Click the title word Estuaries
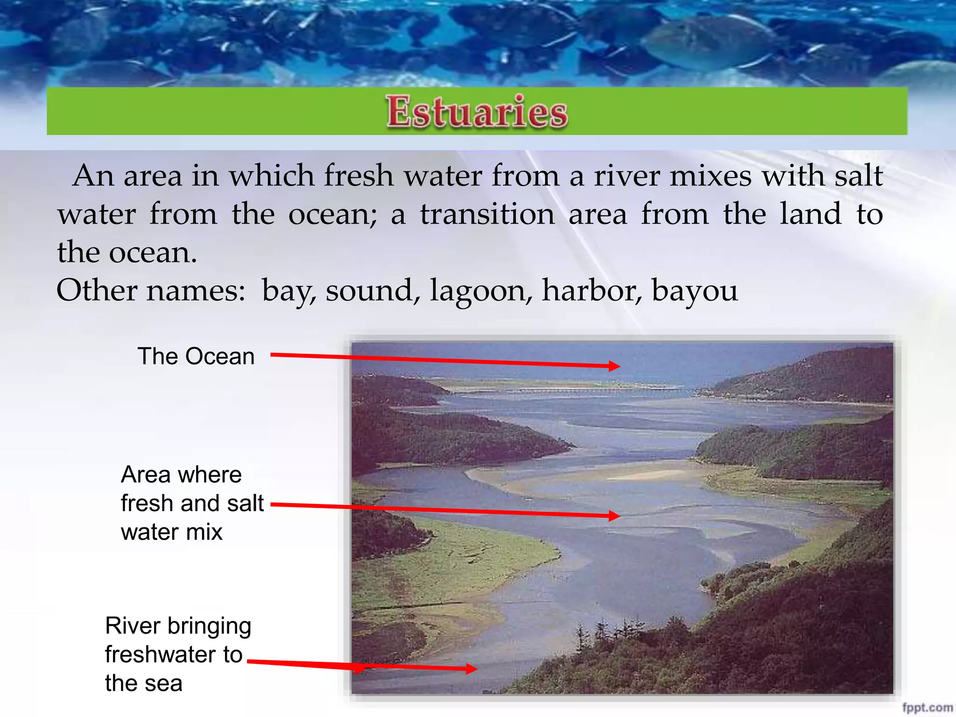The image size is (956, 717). coord(477,112)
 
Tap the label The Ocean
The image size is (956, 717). coord(196,357)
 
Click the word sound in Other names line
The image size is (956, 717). coord(369,290)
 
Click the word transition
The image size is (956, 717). coord(487,214)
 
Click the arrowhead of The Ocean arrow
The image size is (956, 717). coord(615,366)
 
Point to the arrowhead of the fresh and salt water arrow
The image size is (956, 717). coord(615,516)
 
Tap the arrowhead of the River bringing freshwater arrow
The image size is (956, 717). coord(471,669)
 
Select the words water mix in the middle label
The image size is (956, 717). coord(171,532)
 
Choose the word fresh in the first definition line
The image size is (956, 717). coord(358,176)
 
